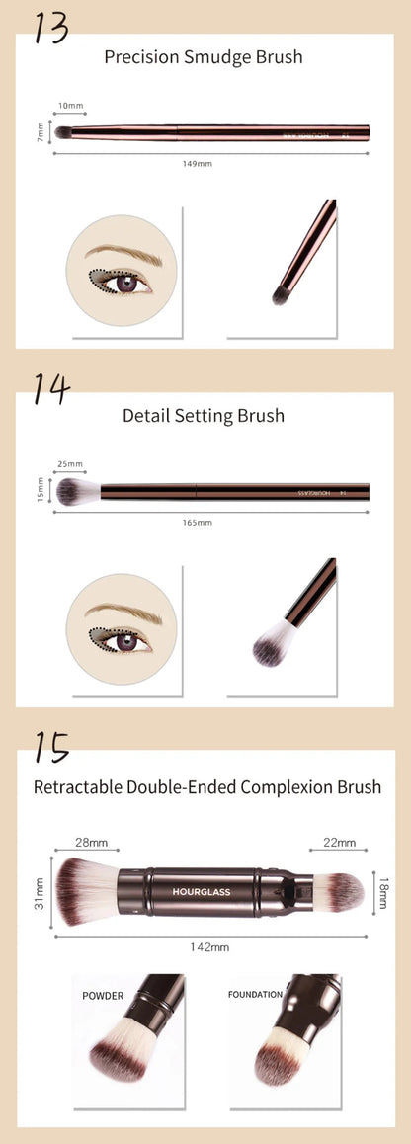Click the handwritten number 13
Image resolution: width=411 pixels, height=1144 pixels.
coord(50,27)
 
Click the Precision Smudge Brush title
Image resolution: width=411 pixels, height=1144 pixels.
coord(204,57)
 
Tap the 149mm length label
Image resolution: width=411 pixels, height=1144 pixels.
coord(198,163)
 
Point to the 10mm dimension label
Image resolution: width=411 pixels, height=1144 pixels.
coord(70,105)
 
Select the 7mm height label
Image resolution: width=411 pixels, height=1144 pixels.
coord(41,130)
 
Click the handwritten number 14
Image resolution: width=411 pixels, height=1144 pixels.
coord(50,388)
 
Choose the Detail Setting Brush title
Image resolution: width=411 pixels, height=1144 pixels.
coord(204,415)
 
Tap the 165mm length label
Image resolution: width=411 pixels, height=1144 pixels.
coord(198,522)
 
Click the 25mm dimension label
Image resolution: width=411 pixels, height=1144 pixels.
coord(70,463)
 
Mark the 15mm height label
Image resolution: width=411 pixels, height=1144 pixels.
coord(41,489)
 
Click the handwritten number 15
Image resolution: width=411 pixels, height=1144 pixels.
coord(50,747)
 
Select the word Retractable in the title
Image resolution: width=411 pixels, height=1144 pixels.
coord(78,787)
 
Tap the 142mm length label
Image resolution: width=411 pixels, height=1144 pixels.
coord(210,946)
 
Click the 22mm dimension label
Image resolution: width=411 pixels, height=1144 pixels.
coord(339,842)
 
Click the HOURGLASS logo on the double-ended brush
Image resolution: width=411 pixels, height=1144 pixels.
coord(201,890)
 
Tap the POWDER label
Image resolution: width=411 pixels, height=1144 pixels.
coord(104,996)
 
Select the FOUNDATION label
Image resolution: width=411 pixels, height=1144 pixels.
coord(255,995)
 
